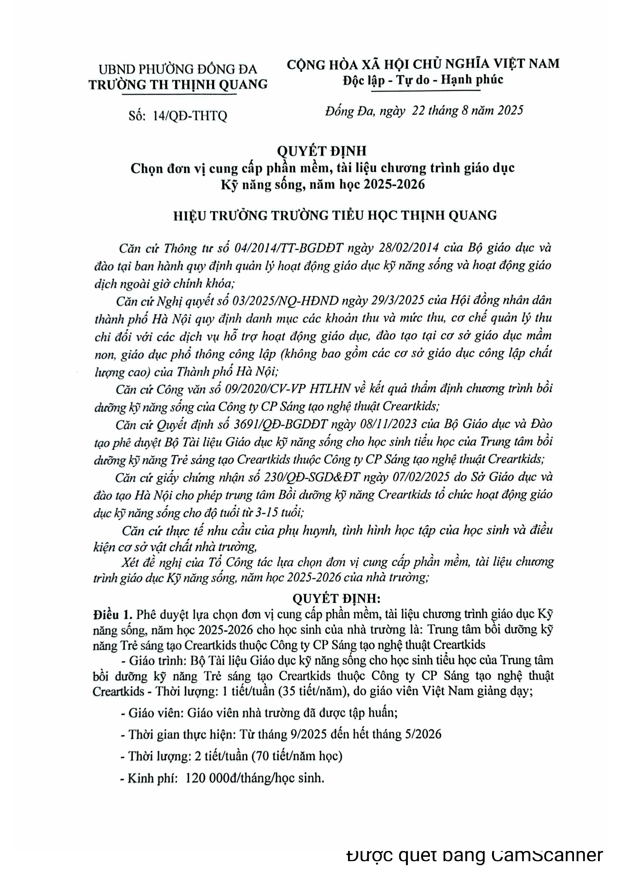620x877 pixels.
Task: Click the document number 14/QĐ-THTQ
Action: click(189, 115)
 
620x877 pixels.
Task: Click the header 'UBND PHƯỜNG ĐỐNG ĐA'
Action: click(178, 69)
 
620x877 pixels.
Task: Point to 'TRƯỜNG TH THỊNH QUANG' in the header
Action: click(178, 84)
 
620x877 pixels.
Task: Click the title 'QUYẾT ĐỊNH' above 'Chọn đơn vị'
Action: click(322, 151)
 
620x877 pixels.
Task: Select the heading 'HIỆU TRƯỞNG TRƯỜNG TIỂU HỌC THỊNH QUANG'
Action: click(335, 215)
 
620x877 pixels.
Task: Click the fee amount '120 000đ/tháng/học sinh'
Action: click(254, 778)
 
